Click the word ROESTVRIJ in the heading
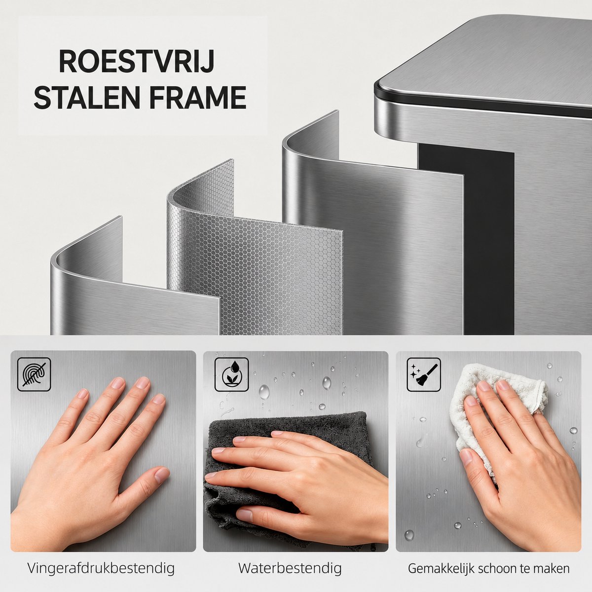tap(136, 62)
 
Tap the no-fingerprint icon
tap(34, 374)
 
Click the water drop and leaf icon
tap(231, 374)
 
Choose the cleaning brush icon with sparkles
tap(424, 374)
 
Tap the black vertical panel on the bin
tap(488, 240)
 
